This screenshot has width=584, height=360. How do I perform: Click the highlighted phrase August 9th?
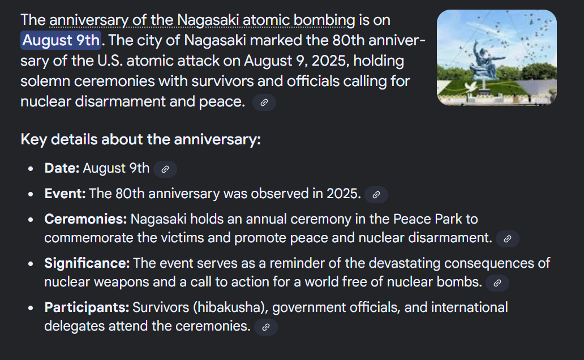point(61,40)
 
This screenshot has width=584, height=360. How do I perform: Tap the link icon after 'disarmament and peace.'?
point(264,102)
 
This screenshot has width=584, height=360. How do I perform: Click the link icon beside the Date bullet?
point(165,169)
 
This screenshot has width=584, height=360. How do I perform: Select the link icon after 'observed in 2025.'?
point(376,195)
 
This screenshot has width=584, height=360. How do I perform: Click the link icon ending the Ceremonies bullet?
point(507,239)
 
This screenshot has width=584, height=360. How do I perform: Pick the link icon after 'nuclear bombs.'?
point(497,283)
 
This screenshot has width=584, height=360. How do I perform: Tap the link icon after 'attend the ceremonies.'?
point(265,327)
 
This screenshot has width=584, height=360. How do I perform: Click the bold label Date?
point(62,168)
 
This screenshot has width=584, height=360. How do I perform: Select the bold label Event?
point(65,194)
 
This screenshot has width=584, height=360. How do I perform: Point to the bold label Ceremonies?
point(85,218)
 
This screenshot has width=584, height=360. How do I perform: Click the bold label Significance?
point(87,263)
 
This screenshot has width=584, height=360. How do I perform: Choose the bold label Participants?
point(87,307)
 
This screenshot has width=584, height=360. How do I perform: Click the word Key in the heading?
point(34,139)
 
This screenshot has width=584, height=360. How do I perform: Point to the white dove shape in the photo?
point(470,88)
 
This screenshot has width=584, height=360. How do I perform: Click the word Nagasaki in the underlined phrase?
point(208,20)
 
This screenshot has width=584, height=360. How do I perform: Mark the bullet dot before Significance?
point(31,264)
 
